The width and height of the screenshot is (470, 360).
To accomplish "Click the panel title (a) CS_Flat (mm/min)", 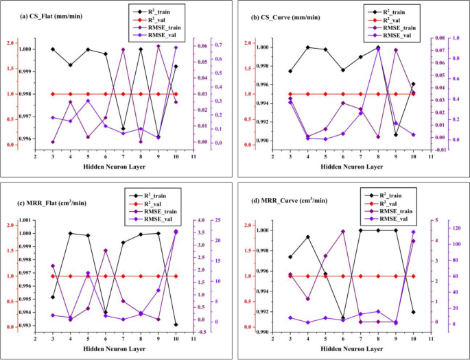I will (x=43, y=16).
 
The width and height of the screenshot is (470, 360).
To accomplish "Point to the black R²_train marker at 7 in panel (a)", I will (x=123, y=129).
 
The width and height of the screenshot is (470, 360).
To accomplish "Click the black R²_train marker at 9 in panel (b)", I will (x=395, y=134).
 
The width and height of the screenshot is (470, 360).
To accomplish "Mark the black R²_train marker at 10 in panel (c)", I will (x=176, y=324).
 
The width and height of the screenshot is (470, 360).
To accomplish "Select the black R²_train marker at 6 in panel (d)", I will (x=342, y=318).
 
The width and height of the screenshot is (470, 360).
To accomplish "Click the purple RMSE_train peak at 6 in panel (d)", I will (x=342, y=232).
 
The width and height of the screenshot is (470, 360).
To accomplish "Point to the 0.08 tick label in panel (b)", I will (x=440, y=38).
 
